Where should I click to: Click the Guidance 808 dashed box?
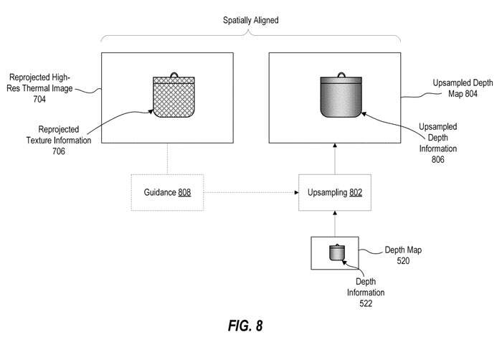click(166, 192)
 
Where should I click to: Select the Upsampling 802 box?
click(333, 192)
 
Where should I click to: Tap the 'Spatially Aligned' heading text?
click(250, 21)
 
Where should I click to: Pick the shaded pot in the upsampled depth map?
click(340, 100)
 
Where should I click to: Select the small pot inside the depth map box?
click(335, 252)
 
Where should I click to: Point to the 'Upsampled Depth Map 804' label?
click(461, 88)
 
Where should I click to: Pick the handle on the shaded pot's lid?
click(340, 74)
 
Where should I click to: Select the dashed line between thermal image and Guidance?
click(166, 159)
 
